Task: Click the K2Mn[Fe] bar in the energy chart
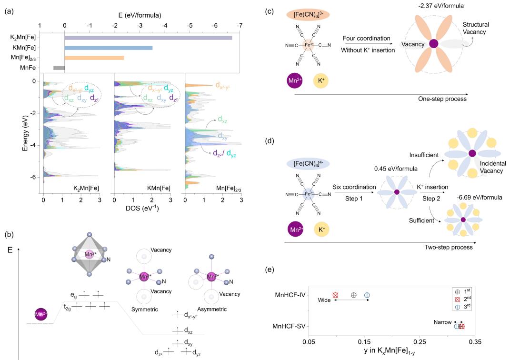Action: click(148, 38)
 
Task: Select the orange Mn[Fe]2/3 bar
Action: click(94, 58)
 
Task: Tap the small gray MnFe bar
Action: click(59, 68)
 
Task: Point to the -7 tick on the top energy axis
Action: click(239, 25)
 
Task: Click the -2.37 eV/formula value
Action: click(433, 6)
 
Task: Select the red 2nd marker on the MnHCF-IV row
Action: click(335, 295)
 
